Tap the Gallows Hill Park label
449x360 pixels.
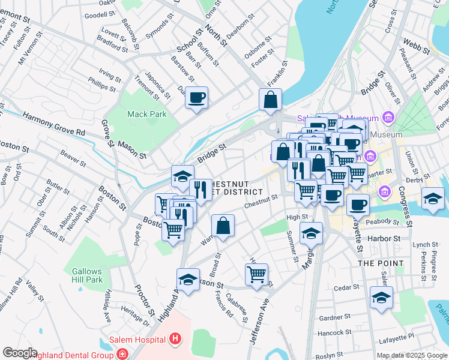[88, 275]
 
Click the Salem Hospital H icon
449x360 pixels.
[175, 340]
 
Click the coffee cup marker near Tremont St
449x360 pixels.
[196, 97]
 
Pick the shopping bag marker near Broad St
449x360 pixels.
[223, 226]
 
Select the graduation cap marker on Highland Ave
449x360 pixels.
[188, 279]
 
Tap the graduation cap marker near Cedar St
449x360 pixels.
[381, 298]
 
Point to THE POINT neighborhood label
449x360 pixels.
[378, 263]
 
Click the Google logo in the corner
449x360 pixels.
[20, 353]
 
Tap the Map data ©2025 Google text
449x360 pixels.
[412, 355]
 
